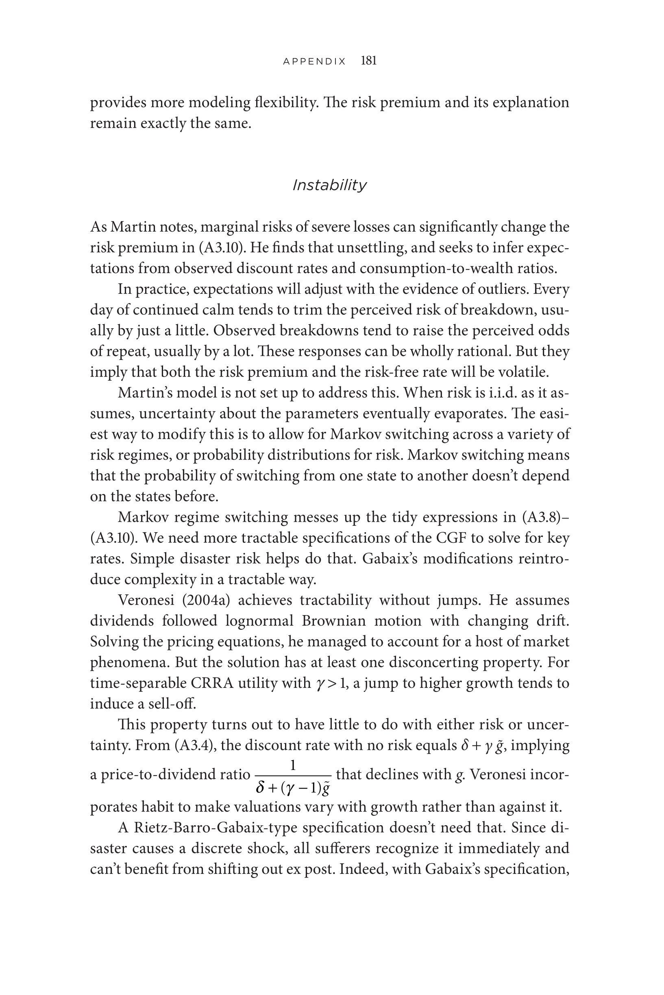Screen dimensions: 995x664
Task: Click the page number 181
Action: [x=368, y=61]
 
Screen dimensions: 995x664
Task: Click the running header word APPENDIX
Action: [x=314, y=61]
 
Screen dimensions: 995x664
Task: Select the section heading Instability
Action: [x=329, y=185]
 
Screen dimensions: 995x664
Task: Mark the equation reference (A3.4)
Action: [x=195, y=745]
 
